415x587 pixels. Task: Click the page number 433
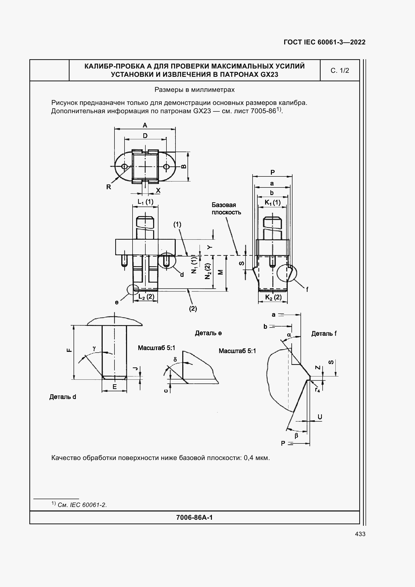(360, 534)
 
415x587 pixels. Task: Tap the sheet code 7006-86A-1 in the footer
(194, 518)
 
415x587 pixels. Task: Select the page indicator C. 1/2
(340, 71)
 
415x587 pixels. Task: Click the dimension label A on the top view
(145, 125)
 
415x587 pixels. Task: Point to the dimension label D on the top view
(145, 136)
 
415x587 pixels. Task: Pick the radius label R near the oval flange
(109, 187)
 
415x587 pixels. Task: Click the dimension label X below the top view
(158, 190)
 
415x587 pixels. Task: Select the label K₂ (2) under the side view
(273, 297)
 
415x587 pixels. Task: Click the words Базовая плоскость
(226, 209)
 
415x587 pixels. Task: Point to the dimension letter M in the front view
(220, 272)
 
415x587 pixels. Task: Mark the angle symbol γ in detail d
(94, 348)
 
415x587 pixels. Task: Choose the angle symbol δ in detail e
(175, 360)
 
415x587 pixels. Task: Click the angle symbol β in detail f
(296, 436)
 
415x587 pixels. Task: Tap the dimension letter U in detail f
(320, 417)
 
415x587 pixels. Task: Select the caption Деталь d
(63, 397)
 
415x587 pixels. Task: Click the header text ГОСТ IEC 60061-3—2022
(324, 42)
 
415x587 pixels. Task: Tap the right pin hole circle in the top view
(166, 167)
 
